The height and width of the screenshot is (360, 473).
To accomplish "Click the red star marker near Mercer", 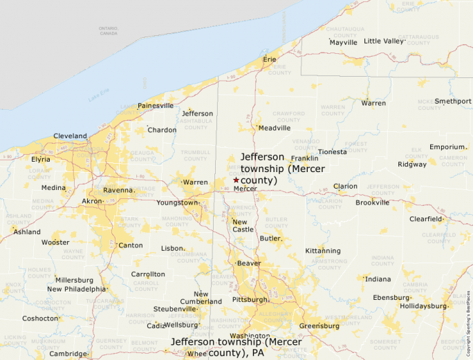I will click(x=236, y=180).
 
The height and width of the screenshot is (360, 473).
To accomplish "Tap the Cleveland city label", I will click(x=70, y=136).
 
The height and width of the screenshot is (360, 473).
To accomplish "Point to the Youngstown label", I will click(x=177, y=203).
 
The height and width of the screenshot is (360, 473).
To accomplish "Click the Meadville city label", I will click(x=274, y=128).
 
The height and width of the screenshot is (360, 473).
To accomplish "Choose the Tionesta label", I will click(x=333, y=152).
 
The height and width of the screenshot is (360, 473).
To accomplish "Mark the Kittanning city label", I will click(x=323, y=251).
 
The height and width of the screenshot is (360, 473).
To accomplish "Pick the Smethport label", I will click(x=452, y=101).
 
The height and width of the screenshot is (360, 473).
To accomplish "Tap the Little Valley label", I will click(x=383, y=41).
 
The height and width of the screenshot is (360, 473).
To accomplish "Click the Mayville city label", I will click(x=343, y=42).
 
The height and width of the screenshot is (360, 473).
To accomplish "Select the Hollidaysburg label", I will click(x=425, y=305).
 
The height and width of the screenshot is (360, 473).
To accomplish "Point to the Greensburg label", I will click(x=319, y=326).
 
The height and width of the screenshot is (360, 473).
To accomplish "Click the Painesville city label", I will click(x=156, y=106).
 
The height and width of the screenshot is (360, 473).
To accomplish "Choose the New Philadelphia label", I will click(x=77, y=289).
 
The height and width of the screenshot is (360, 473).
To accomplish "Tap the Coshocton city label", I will click(x=40, y=319).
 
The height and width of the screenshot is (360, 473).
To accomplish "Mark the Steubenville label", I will click(x=175, y=309).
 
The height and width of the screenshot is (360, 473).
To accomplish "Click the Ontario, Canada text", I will click(x=108, y=31).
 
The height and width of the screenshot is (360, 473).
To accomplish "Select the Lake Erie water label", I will click(x=99, y=97).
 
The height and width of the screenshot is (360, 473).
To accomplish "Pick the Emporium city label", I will click(x=447, y=147).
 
